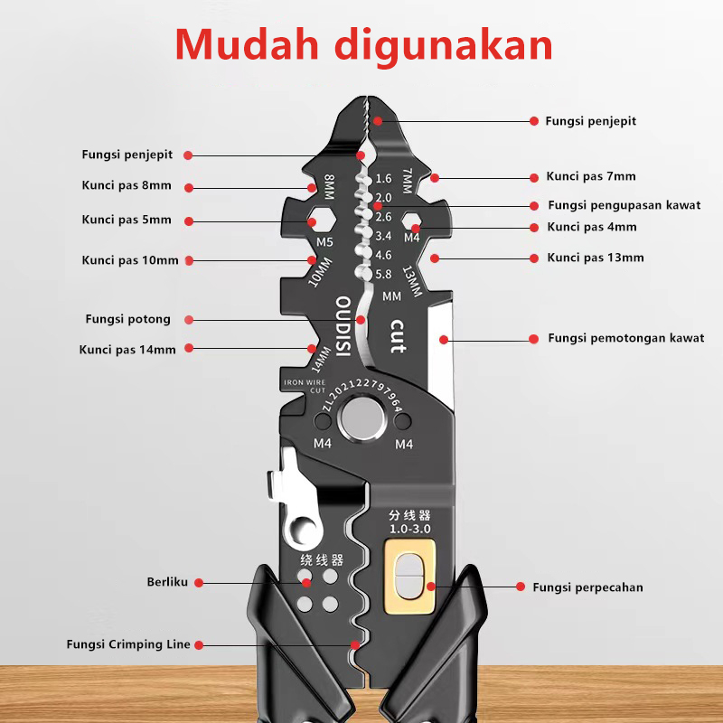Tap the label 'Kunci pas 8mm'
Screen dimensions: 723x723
(x=126, y=186)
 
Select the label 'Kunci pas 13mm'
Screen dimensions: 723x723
(x=596, y=258)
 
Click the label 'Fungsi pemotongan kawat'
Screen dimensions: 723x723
(x=625, y=338)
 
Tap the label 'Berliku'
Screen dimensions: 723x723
(x=167, y=582)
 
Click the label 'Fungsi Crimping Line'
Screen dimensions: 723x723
(x=128, y=644)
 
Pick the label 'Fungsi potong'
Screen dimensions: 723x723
(x=127, y=319)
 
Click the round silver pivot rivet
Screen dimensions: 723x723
(x=360, y=421)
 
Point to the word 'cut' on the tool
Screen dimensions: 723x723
(x=397, y=335)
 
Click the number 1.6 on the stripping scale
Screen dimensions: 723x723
(x=382, y=179)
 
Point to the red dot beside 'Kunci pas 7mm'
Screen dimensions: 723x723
(x=436, y=177)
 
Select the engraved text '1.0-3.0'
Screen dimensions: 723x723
(x=409, y=528)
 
